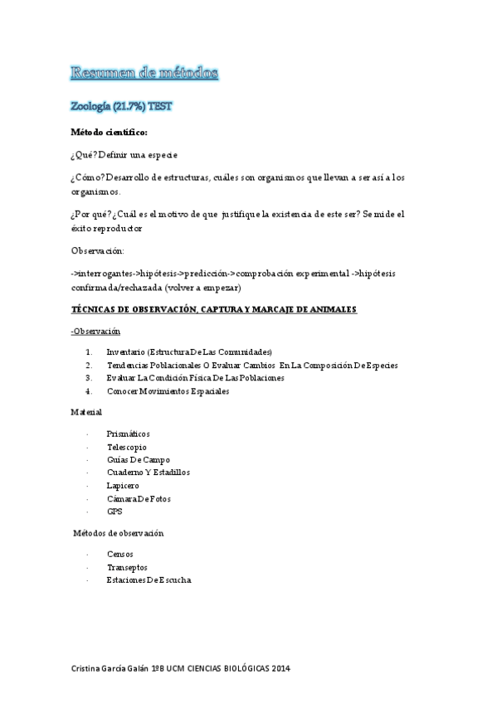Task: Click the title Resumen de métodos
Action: pos(144,74)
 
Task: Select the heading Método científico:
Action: pos(110,132)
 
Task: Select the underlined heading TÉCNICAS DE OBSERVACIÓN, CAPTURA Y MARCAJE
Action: pos(214,309)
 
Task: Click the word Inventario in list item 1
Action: pos(126,351)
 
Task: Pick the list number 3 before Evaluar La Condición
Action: pos(88,377)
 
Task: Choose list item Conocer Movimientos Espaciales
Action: pos(168,390)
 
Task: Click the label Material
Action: pos(86,412)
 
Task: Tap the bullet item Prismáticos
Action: pos(128,434)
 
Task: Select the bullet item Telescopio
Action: pos(126,446)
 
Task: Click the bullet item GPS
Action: pos(115,511)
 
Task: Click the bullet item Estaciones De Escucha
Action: pos(149,579)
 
